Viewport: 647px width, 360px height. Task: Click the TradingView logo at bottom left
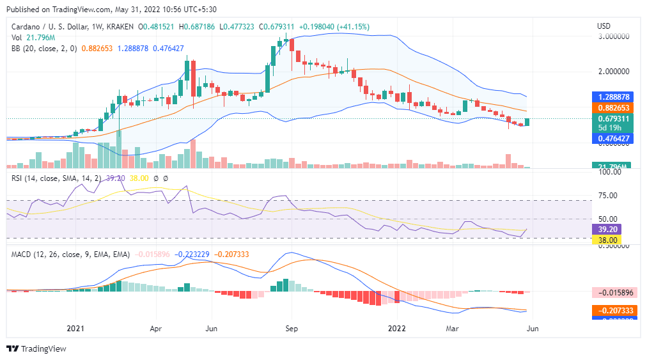tap(36, 348)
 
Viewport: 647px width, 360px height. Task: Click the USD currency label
tap(604, 26)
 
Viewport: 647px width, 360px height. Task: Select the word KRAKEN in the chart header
tap(120, 27)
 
